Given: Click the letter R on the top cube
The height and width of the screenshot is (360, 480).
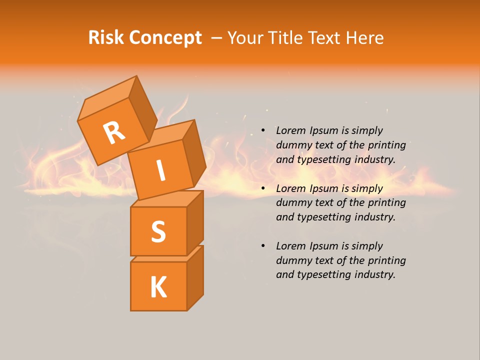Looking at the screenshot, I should (114, 133).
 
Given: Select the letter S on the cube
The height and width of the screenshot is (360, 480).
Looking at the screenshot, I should (158, 231).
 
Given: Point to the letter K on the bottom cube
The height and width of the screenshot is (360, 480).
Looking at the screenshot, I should (158, 287).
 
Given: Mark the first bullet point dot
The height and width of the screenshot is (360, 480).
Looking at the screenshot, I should (263, 131).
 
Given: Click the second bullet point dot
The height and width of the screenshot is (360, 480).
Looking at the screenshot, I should (263, 189).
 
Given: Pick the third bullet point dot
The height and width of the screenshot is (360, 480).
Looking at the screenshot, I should (263, 246).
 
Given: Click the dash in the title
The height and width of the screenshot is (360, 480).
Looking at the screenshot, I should (216, 37).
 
